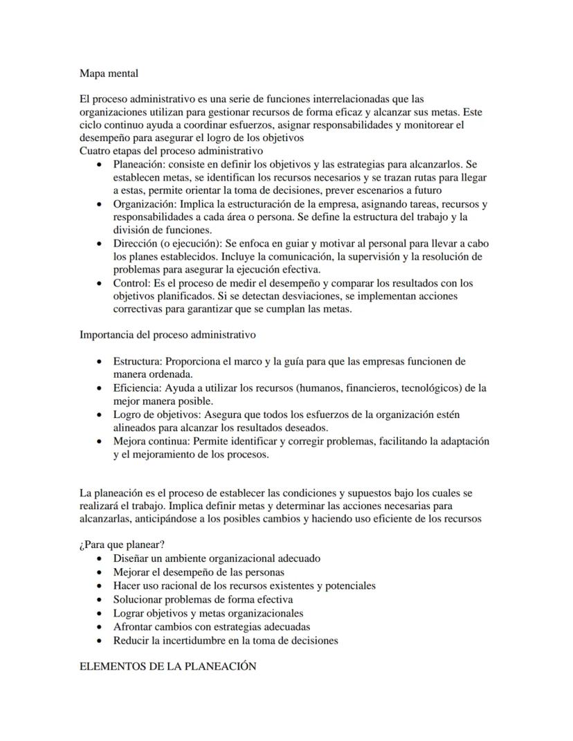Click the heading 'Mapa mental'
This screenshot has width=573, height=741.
[109, 73]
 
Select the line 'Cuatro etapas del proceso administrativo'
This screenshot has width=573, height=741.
[171, 151]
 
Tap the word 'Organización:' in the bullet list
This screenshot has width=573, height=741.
[144, 204]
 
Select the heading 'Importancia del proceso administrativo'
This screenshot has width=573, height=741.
[167, 335]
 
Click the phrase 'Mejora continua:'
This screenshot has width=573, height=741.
[152, 441]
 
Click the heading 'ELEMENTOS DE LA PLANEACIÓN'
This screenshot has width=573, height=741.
[168, 666]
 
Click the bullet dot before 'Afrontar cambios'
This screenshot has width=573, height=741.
[102, 627]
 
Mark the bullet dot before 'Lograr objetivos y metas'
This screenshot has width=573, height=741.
[102, 613]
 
